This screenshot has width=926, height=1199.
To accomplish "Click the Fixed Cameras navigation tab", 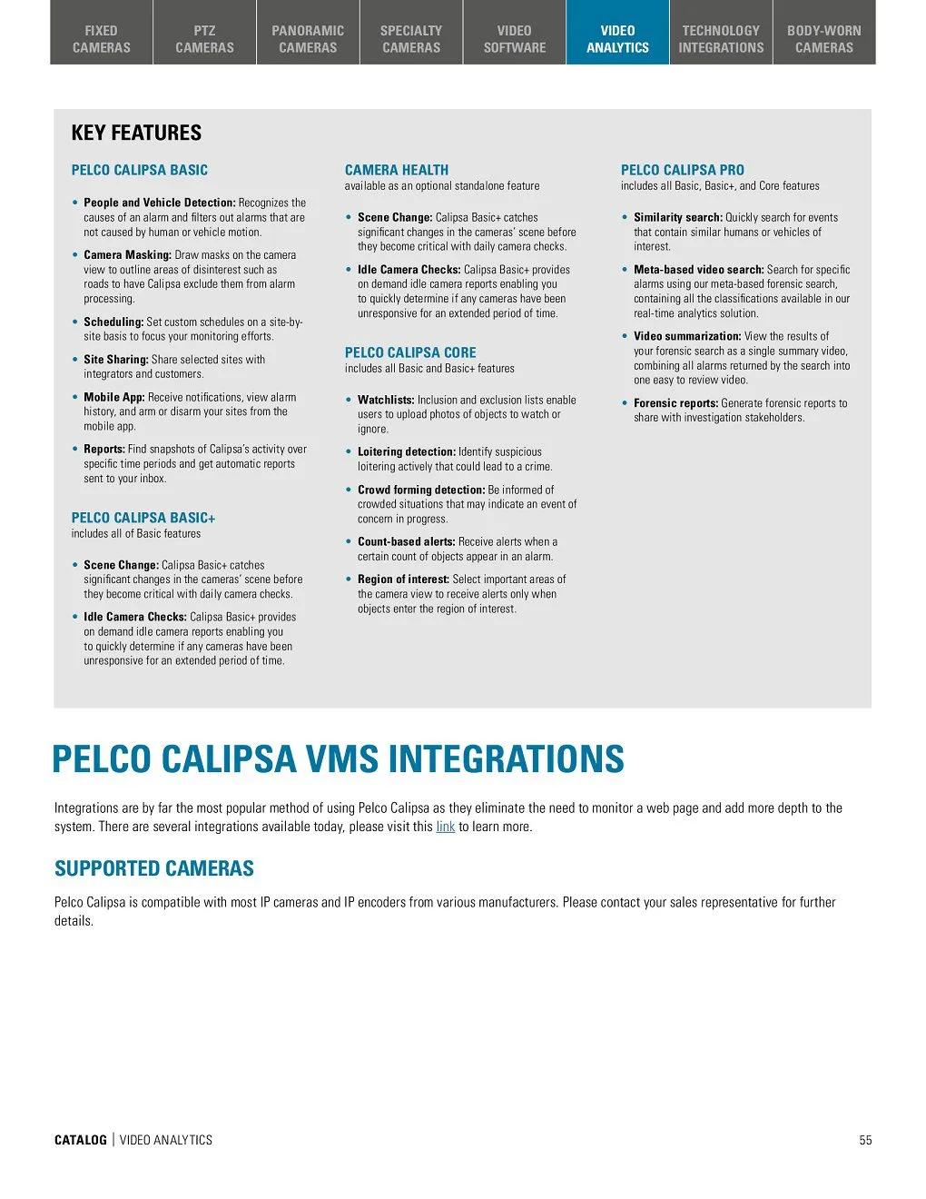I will point(102,39).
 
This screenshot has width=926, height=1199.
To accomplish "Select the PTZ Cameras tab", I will point(204,39).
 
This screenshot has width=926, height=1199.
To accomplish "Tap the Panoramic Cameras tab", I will point(308,39).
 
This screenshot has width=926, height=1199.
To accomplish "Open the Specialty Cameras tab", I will point(411,39).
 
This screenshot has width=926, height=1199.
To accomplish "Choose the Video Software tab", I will point(515,39).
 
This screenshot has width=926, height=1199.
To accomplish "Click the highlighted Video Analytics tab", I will point(617,39).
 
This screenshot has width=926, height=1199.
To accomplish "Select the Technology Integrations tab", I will point(721,39).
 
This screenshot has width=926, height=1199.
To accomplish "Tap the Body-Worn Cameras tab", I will point(824,39).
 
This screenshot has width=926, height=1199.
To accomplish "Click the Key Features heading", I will point(136,133).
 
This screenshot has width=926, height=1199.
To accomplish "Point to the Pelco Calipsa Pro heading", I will point(682,170).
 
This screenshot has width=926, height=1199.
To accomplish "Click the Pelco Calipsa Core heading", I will point(410,352).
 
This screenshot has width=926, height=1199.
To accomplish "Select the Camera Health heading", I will point(397,170).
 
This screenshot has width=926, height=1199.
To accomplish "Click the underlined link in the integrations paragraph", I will point(445,827).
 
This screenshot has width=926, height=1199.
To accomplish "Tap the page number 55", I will point(865,1140).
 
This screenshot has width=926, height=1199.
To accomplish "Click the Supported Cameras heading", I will point(154,868).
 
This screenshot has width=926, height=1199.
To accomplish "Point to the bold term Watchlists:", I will point(386,400).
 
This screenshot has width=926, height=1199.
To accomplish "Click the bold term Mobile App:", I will point(114,397).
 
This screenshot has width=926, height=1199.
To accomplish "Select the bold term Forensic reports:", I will point(675,403).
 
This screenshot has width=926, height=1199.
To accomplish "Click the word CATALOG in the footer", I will point(81,1140).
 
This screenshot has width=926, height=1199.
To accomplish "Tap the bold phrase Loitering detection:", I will point(407,451).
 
